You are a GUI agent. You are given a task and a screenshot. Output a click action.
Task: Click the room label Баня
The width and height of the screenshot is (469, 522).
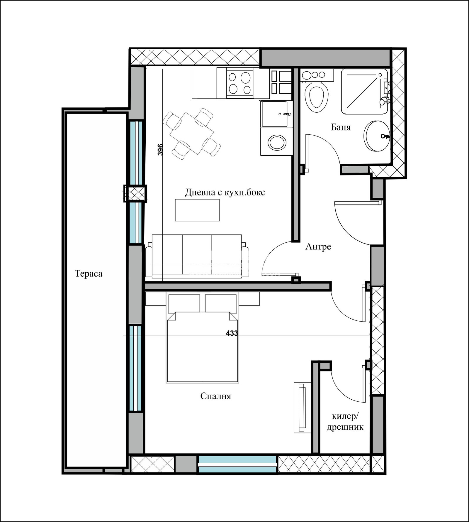341,127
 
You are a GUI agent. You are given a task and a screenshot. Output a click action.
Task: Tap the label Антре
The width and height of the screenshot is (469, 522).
318,246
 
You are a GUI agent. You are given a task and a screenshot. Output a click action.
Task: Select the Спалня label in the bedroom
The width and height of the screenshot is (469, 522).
215,396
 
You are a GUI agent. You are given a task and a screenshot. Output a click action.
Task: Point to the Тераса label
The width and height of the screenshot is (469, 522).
89,273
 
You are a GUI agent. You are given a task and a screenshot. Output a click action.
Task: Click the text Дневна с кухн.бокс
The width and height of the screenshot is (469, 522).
225,192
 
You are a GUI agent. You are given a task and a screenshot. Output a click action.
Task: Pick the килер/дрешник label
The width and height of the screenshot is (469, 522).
345,422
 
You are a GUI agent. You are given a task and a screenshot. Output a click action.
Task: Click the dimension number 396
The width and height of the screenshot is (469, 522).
160,150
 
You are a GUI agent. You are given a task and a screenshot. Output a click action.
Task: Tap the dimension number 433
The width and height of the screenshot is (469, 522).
232,333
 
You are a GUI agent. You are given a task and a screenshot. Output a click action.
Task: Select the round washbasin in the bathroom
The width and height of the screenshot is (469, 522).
377,136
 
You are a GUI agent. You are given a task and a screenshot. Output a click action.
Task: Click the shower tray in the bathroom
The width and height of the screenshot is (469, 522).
364,91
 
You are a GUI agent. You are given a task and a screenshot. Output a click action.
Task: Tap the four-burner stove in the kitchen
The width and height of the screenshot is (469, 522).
240,83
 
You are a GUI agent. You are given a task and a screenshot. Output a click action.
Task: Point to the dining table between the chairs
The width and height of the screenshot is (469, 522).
192,134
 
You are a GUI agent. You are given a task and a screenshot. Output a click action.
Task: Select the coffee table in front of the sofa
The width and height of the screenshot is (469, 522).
197,210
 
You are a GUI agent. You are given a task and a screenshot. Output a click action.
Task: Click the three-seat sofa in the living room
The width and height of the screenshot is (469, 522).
197,256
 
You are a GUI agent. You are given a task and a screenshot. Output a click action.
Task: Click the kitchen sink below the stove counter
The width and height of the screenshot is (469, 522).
276,114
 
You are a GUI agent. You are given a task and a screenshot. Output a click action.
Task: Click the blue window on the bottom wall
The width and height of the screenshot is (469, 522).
237,464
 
